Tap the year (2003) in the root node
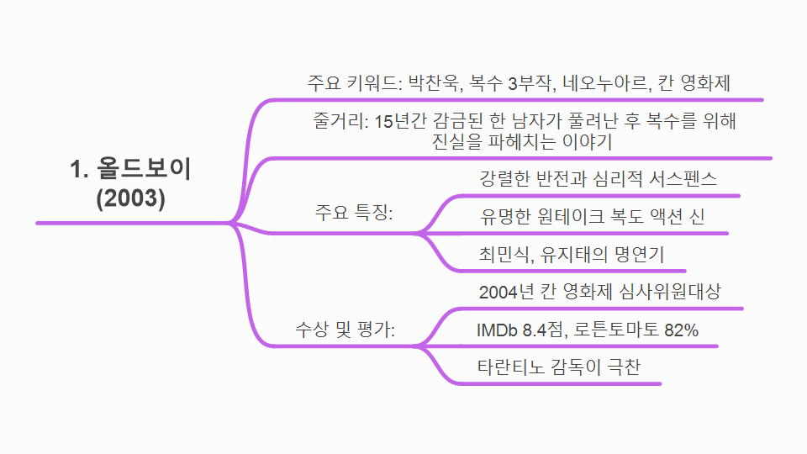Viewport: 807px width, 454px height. point(130,199)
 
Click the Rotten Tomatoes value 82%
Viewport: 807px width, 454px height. point(681,330)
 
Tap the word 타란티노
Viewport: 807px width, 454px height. point(509,368)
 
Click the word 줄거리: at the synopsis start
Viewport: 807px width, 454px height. point(339,121)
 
